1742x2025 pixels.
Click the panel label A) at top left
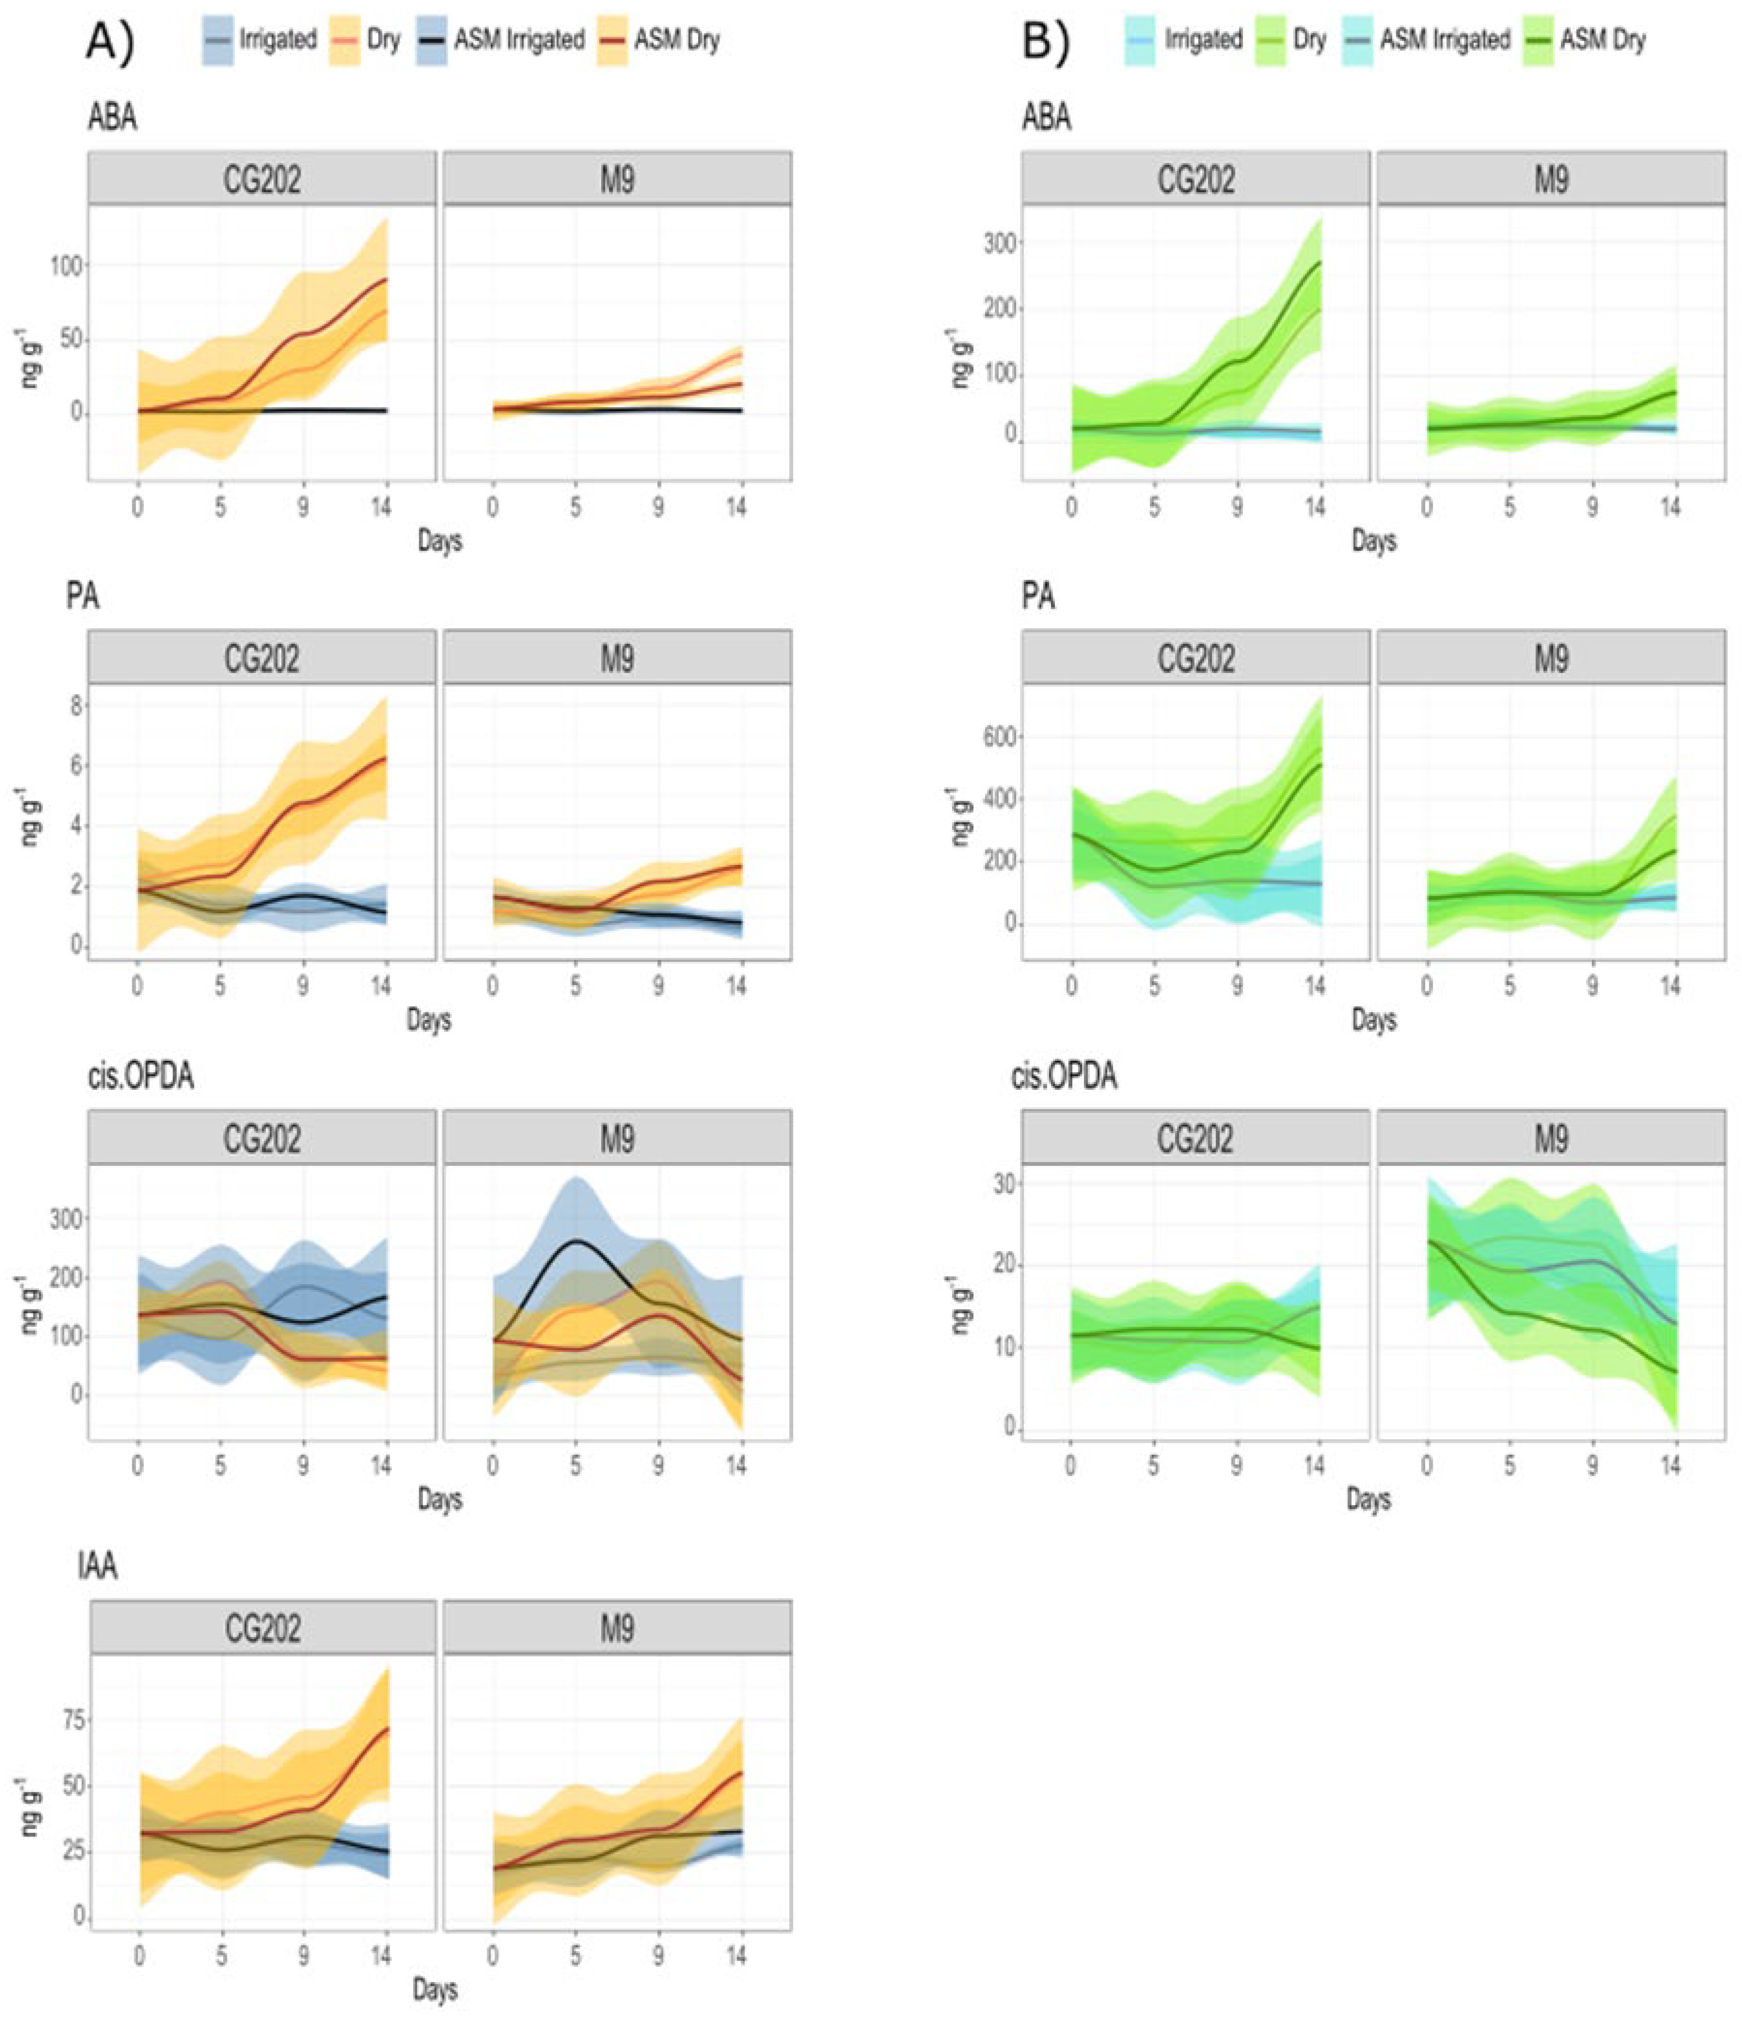click(x=110, y=41)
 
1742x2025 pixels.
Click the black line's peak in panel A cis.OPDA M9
click(x=576, y=1241)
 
